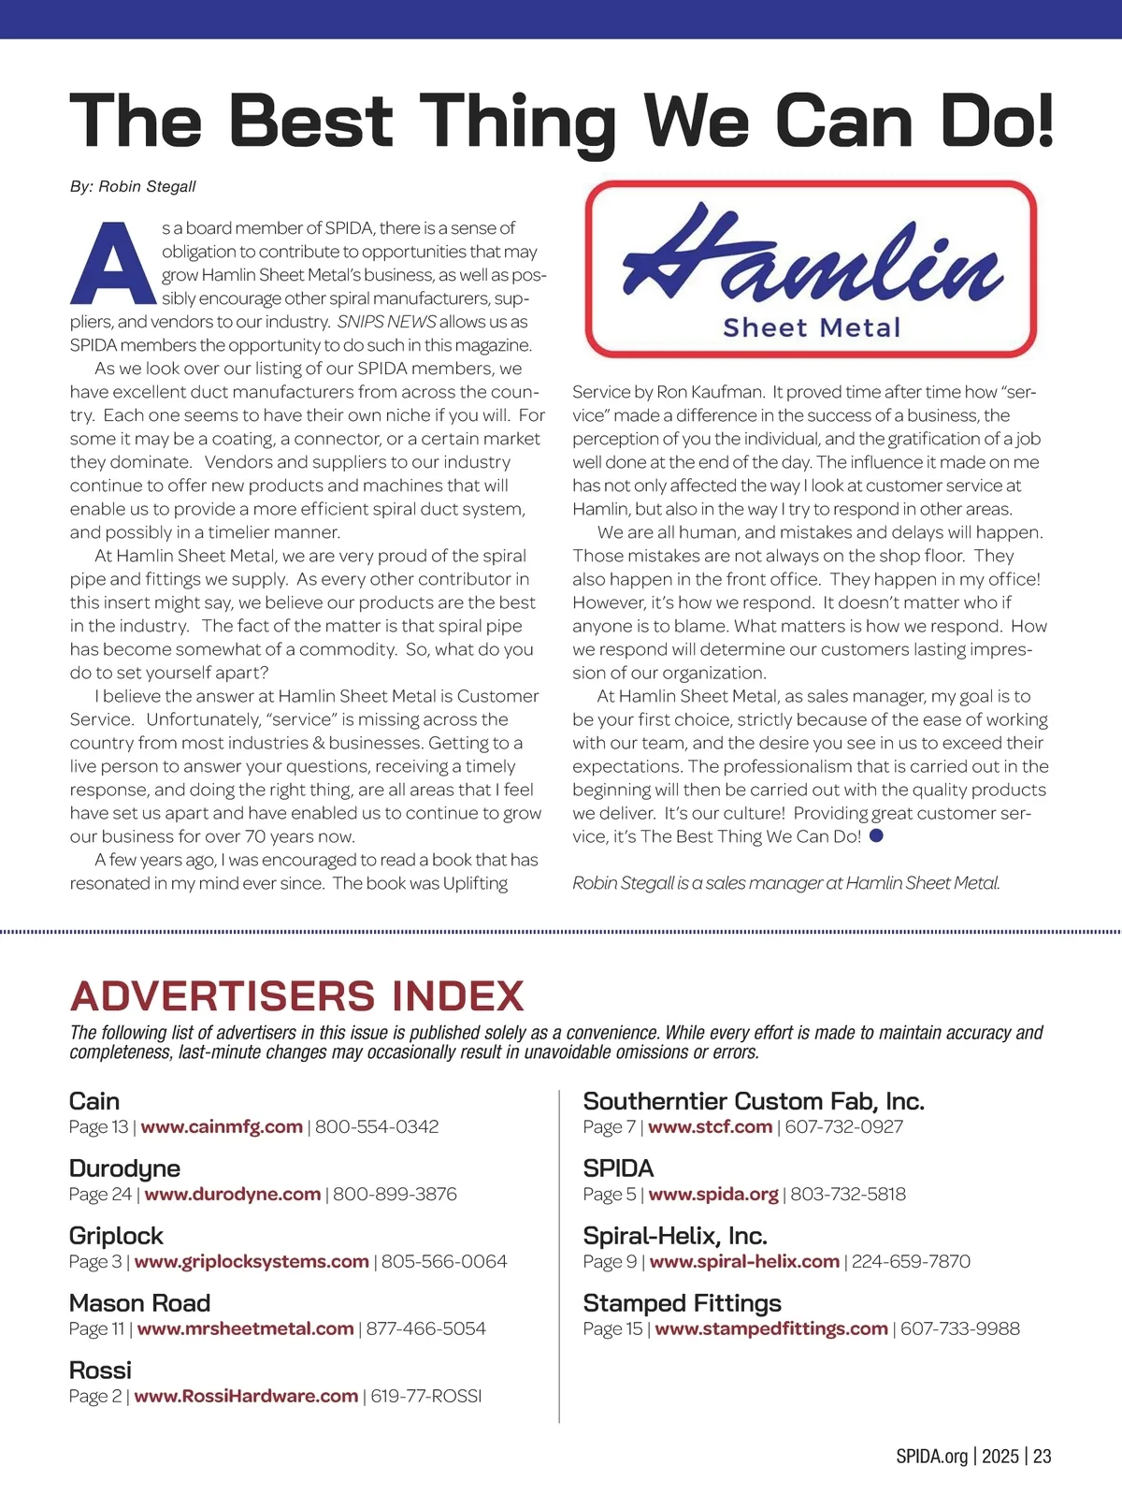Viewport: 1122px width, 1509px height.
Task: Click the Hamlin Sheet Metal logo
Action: (x=811, y=268)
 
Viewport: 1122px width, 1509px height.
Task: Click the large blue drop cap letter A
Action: (x=112, y=264)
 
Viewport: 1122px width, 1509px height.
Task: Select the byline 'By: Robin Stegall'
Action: (x=133, y=186)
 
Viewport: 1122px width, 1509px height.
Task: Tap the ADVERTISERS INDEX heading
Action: (x=296, y=996)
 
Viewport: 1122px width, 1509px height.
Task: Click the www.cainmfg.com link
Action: (x=222, y=1127)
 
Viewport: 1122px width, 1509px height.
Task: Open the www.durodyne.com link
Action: (x=232, y=1195)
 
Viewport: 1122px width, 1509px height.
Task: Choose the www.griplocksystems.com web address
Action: (x=252, y=1262)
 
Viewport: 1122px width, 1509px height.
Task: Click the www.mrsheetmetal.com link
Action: (x=245, y=1329)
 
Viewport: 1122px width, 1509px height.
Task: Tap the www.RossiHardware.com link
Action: (x=246, y=1397)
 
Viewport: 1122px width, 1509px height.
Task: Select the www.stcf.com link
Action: (x=710, y=1127)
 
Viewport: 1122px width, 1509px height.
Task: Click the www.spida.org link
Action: (x=712, y=1195)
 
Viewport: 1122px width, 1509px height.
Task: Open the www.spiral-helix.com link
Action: (x=744, y=1262)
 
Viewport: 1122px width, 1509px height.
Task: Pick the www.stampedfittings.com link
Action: (x=771, y=1329)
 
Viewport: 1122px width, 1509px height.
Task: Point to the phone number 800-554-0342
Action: (x=377, y=1127)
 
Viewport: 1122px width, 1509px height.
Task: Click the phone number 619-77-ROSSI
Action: (x=426, y=1397)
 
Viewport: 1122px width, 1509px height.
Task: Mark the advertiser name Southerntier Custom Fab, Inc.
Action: (x=754, y=1101)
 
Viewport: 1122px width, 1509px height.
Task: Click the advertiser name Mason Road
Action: (x=139, y=1303)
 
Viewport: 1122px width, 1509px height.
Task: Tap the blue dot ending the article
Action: (x=876, y=835)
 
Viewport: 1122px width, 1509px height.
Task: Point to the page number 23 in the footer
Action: (x=1042, y=1457)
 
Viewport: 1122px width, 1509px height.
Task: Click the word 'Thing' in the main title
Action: (x=521, y=122)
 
